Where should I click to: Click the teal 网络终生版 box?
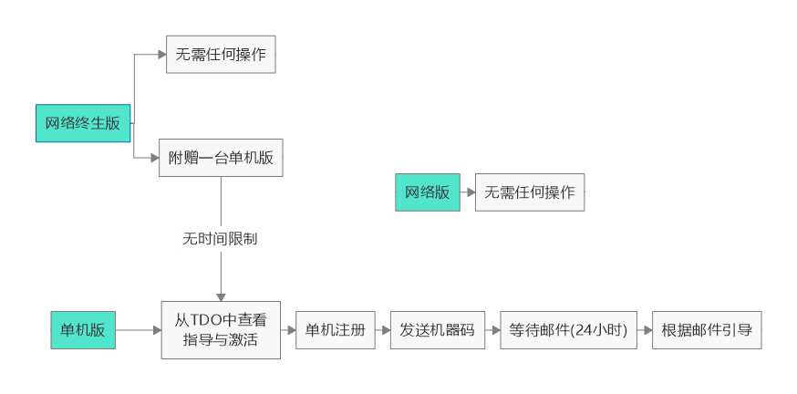pos(83,123)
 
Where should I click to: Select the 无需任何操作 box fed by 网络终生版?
pos(221,54)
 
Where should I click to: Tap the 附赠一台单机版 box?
pos(221,159)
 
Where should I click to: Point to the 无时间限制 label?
pos(221,239)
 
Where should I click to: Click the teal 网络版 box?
pos(428,192)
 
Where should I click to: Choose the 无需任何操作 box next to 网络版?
pos(530,192)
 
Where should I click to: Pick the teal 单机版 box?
pos(83,330)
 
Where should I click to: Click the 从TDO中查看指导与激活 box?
pos(221,330)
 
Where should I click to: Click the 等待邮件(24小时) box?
pos(568,330)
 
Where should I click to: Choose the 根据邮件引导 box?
pos(707,330)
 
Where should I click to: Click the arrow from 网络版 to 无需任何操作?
pos(468,192)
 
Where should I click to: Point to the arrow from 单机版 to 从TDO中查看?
pos(139,330)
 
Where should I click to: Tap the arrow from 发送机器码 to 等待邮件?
pos(492,330)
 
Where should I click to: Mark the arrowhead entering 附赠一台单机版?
pos(154,159)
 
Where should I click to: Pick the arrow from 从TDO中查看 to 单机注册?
pos(288,330)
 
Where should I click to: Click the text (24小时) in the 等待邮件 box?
pos(598,330)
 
